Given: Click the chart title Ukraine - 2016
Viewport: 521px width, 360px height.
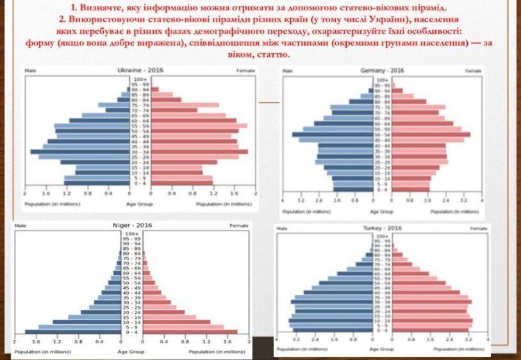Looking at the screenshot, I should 139,69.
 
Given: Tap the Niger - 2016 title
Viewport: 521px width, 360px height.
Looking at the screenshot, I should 131,225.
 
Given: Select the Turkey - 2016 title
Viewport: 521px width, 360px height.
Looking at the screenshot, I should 383,228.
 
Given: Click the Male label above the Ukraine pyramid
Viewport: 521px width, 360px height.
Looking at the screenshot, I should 30,69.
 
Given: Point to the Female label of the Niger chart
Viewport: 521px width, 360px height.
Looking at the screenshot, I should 239,225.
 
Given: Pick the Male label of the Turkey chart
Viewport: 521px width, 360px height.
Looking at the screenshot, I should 281,229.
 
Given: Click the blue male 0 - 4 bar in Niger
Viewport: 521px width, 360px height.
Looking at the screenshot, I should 71,332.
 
